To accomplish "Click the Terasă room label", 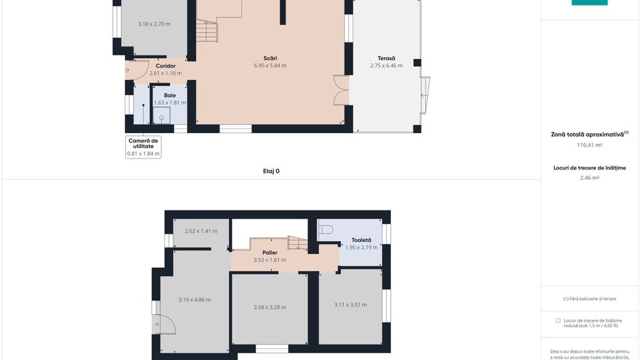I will point(386,58).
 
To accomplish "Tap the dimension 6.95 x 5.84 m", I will point(270,66).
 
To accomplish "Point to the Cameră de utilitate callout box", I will point(144,147).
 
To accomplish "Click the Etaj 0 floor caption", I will point(271,171).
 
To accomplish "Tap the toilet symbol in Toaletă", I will point(326,230).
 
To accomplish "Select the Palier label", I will point(270,252).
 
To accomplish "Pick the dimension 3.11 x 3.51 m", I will point(351,305).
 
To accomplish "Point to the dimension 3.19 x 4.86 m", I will point(194,299).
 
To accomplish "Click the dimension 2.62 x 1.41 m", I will point(201,231).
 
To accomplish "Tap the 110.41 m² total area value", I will point(589,145).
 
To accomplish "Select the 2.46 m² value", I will point(589,178).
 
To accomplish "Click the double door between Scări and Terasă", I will point(340,89).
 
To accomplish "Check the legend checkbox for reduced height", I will point(558,320).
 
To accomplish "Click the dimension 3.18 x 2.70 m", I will point(154,24).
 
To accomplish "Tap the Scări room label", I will point(270,58).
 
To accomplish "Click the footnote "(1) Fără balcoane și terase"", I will point(589,299).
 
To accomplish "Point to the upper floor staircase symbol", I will point(297,243).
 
